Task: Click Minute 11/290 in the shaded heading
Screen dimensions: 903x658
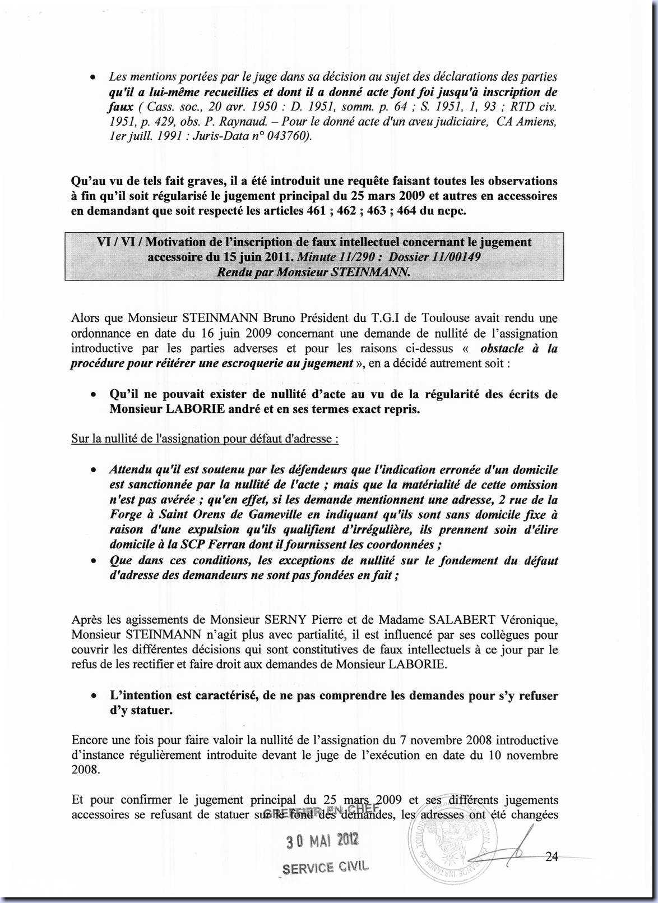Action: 331,257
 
